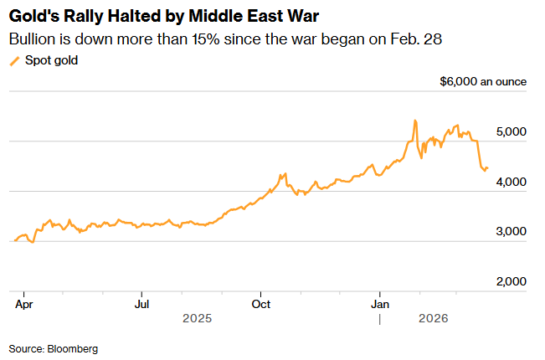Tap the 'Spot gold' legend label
click(x=51, y=60)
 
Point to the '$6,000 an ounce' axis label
click(x=483, y=81)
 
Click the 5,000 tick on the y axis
click(x=511, y=132)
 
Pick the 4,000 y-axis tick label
click(x=511, y=182)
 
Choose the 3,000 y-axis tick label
click(x=511, y=232)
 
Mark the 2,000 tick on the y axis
click(x=511, y=282)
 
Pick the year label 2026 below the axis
click(x=434, y=318)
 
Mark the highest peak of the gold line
click(x=415, y=121)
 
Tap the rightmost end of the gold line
click(x=488, y=168)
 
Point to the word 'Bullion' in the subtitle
click(x=33, y=39)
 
